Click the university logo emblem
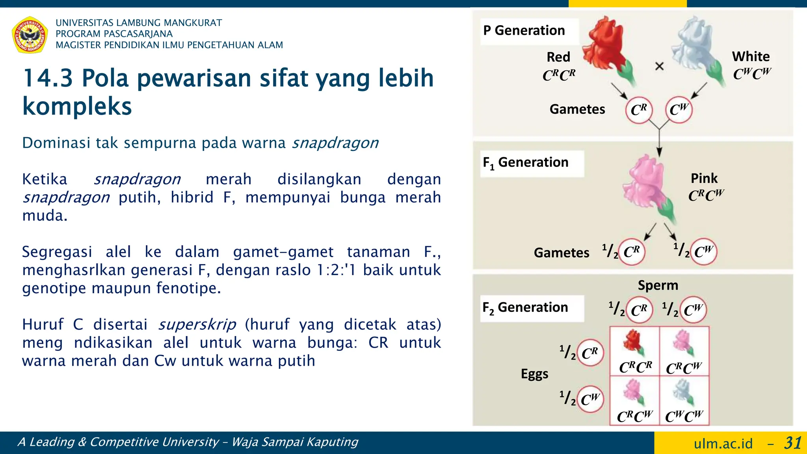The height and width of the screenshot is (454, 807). click(x=30, y=35)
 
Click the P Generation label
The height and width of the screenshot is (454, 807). click(x=524, y=30)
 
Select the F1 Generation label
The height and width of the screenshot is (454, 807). click(x=525, y=162)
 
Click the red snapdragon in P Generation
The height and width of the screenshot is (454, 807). click(x=607, y=47)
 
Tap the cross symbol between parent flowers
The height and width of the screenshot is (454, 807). click(x=659, y=66)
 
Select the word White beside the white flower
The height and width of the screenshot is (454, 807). click(x=751, y=56)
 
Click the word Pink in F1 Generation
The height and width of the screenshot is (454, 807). click(x=704, y=178)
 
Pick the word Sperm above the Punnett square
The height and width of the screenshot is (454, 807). click(x=658, y=285)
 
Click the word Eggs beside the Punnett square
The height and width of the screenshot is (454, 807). click(x=534, y=374)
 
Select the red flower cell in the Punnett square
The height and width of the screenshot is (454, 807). click(x=634, y=351)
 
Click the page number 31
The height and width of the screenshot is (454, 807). click(x=792, y=443)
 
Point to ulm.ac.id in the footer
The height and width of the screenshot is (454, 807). click(x=723, y=444)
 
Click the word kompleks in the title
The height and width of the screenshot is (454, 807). click(x=77, y=106)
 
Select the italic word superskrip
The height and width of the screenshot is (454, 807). click(x=197, y=324)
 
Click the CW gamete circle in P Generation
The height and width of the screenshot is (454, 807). click(x=679, y=110)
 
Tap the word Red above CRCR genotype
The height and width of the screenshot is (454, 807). click(x=558, y=57)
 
